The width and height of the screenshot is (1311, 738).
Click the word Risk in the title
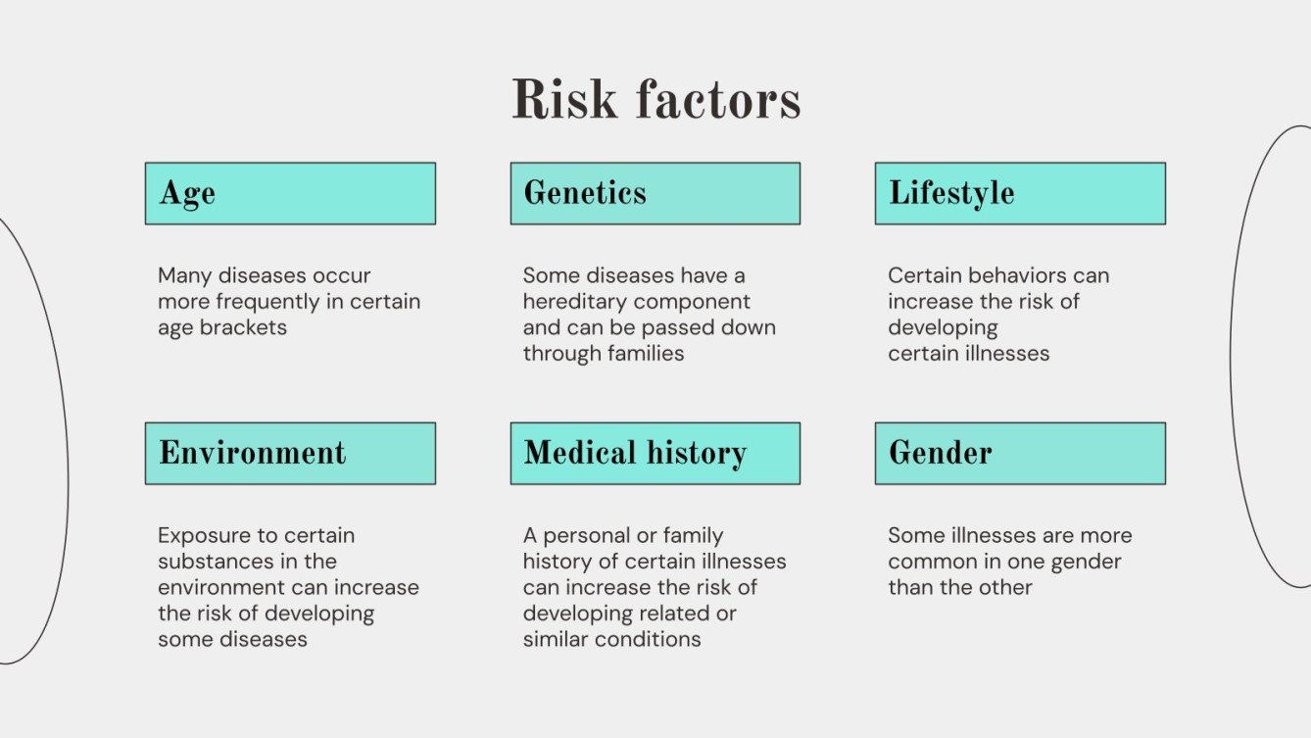(x=564, y=100)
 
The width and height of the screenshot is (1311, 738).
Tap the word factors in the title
(x=717, y=100)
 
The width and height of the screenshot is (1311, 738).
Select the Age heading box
(x=290, y=193)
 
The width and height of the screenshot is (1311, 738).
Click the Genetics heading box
(x=655, y=193)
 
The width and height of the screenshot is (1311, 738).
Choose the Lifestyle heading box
(x=1020, y=193)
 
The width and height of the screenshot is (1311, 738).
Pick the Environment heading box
(x=290, y=453)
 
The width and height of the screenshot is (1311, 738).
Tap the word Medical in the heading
(x=580, y=453)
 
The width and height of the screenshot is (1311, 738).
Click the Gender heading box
(x=1020, y=453)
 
